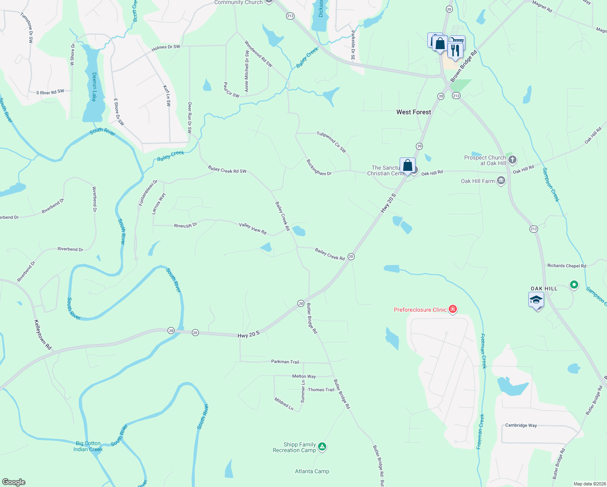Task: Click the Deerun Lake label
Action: (x=94, y=87)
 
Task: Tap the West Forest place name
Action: (x=413, y=112)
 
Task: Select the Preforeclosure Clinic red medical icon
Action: (x=453, y=310)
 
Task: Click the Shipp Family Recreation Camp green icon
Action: (x=322, y=447)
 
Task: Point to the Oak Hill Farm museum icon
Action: (x=501, y=181)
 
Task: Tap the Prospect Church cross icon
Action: (x=512, y=159)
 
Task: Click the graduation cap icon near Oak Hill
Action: (x=536, y=300)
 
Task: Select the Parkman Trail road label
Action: (x=285, y=362)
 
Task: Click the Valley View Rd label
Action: (x=253, y=228)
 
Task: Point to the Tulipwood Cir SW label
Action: (x=331, y=142)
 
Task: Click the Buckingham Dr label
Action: (x=319, y=168)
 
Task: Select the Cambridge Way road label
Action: (x=521, y=425)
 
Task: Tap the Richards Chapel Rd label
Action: (x=566, y=266)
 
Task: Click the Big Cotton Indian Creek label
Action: (x=88, y=446)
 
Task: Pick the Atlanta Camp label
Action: (x=312, y=471)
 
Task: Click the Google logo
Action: (x=14, y=482)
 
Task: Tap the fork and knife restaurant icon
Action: (x=455, y=50)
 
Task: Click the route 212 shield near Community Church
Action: (x=290, y=16)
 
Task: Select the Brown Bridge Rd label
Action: (x=463, y=67)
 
